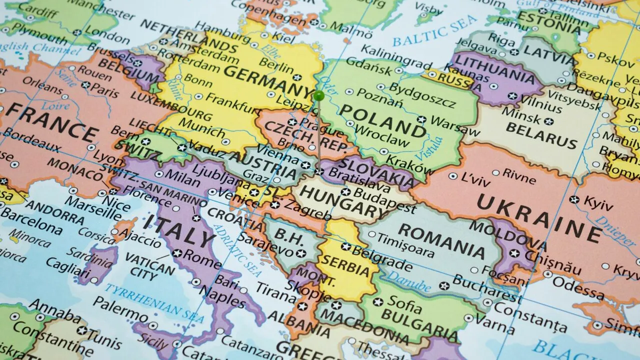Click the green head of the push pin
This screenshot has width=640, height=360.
(318, 95)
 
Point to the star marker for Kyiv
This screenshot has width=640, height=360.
(574, 199)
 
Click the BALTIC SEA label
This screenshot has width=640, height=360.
(435, 30)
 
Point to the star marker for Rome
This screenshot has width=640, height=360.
(177, 253)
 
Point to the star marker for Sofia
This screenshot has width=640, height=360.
(378, 302)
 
